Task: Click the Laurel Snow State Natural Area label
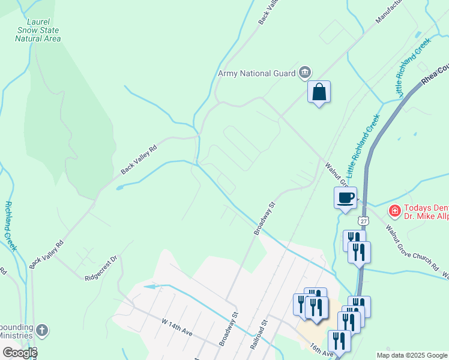pos(38,29)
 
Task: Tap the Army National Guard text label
pos(257,73)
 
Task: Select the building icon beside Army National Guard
pos(305,73)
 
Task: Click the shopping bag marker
pos(319,92)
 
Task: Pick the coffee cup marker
pos(345,197)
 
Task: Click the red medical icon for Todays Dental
pos(394,211)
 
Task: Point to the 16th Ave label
pos(321,350)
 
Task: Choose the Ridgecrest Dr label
pos(103,268)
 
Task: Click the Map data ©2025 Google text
pos(411,355)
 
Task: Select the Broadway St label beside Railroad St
pos(229,329)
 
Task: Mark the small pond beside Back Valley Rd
pos(119,187)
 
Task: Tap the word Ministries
pos(16,335)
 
